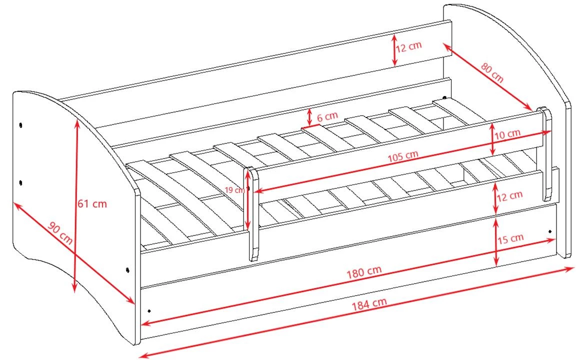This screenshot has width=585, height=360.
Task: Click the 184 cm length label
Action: point(369,304)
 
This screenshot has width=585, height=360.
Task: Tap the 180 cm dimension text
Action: point(364,272)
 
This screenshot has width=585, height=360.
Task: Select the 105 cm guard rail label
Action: point(403,156)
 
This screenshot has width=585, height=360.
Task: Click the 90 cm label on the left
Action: point(60,233)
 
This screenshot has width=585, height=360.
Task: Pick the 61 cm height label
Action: point(92,203)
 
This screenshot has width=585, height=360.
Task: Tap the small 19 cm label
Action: point(234,190)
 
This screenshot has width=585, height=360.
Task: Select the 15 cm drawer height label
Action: point(510,238)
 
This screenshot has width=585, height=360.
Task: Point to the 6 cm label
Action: point(327,117)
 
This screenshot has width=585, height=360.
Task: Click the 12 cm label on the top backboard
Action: point(409,46)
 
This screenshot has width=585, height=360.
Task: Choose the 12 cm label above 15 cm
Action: point(509,195)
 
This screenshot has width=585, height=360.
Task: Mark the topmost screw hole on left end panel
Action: point(20,124)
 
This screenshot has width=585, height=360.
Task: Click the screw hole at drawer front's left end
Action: point(149,310)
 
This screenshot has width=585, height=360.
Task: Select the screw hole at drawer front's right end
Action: point(550,231)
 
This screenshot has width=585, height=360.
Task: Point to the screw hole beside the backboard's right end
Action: point(444,97)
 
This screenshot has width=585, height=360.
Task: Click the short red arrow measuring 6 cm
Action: point(309,117)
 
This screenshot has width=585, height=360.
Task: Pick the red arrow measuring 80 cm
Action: point(487,76)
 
